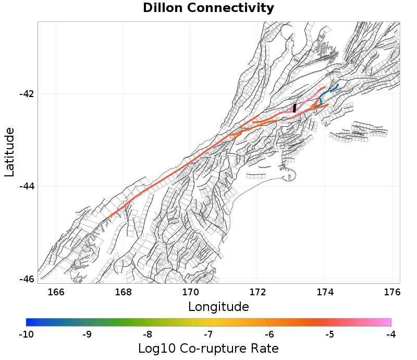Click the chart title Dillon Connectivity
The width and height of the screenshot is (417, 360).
208,8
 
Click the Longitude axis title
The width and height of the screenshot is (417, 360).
218,306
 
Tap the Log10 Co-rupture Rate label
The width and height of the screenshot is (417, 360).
208,348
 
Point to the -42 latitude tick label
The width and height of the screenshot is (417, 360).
27,94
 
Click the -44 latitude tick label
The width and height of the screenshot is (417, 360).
27,186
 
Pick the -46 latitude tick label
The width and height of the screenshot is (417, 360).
27,279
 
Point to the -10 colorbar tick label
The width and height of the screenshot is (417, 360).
26,334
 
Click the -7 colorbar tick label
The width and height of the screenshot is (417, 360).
208,334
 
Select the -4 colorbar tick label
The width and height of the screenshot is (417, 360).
390,334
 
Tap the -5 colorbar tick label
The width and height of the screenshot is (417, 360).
330,334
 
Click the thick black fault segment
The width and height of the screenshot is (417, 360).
295,108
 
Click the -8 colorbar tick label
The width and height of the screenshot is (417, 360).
148,334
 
